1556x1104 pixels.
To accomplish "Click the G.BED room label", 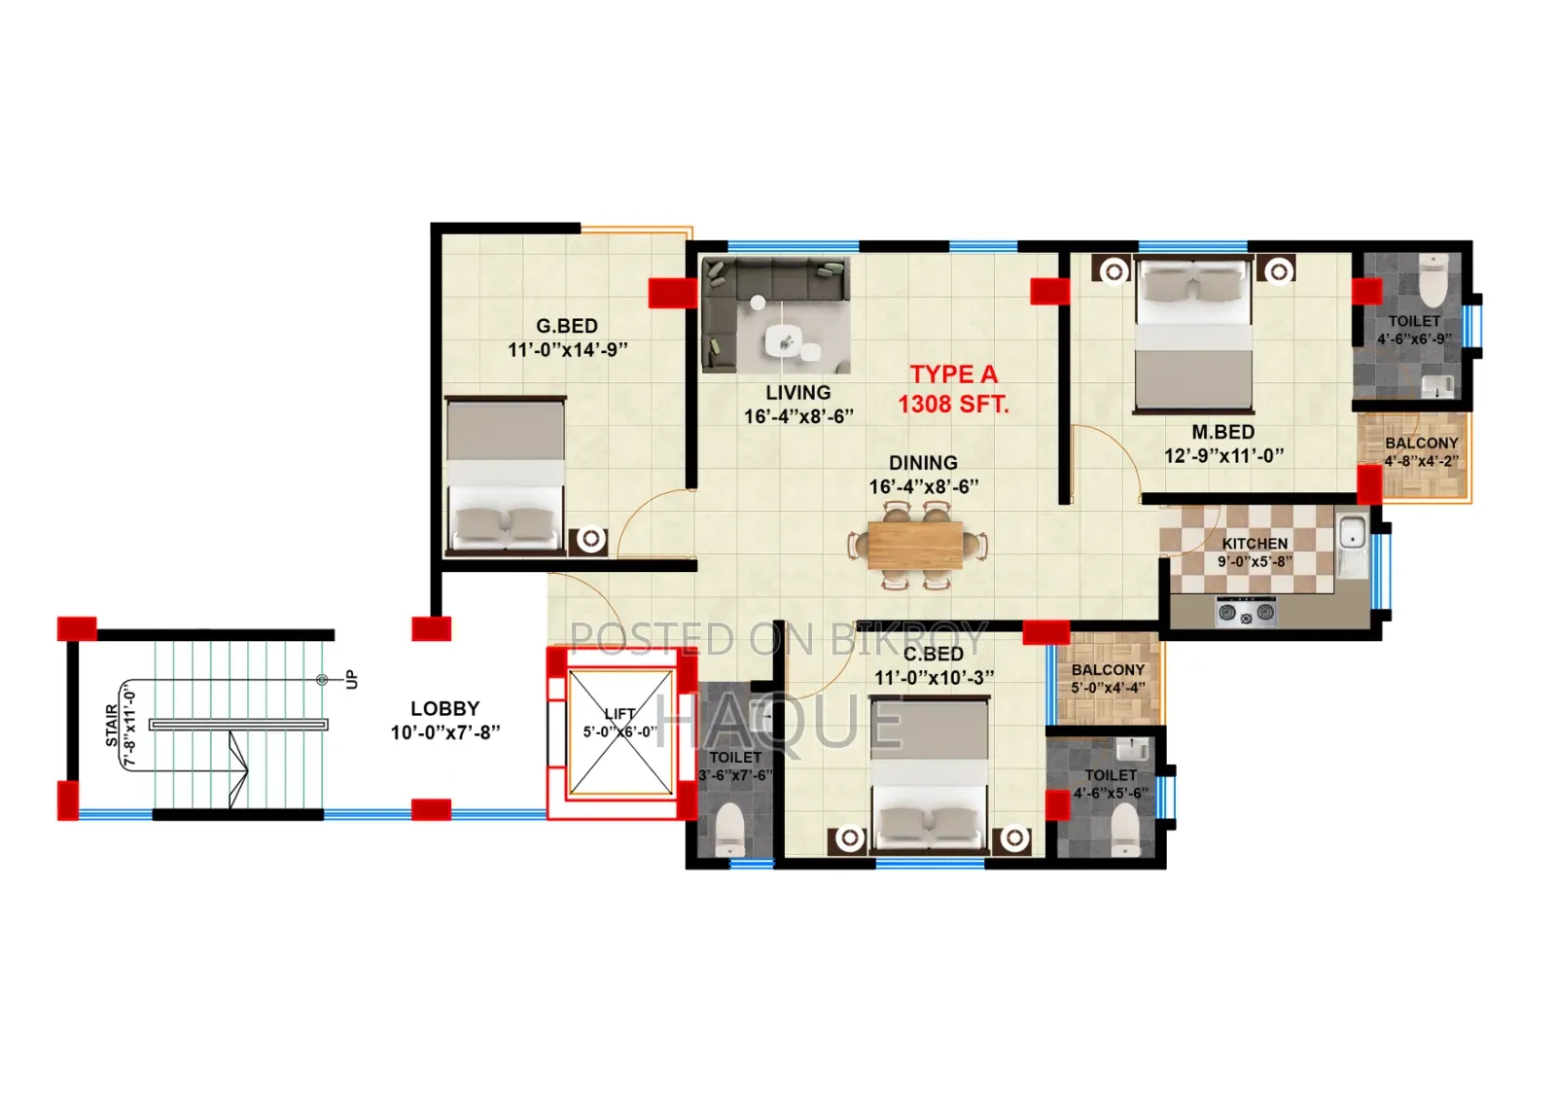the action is click(x=567, y=326).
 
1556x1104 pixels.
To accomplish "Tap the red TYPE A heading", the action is click(x=954, y=374).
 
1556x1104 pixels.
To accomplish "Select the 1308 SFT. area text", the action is click(x=954, y=404).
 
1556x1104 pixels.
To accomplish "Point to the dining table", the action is click(x=916, y=545).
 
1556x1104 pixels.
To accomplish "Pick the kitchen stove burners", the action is click(x=1246, y=612).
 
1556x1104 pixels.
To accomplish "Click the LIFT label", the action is click(x=619, y=714).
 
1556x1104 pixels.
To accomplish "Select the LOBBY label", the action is click(x=445, y=709).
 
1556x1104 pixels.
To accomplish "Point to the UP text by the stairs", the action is click(x=352, y=679).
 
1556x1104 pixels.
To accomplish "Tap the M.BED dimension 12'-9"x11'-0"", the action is click(x=1224, y=456).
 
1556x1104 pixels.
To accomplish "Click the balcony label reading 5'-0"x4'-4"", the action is click(x=1108, y=688).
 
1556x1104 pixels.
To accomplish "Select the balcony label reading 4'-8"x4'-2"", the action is click(x=1421, y=461).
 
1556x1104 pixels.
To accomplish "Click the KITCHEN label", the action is click(x=1255, y=544).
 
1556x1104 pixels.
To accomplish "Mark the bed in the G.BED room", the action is click(x=505, y=476).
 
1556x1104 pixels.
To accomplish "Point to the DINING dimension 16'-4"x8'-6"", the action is click(x=924, y=486).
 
